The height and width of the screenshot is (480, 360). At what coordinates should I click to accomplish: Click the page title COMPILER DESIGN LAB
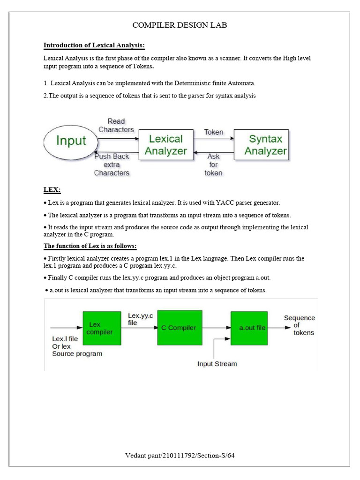click(x=180, y=25)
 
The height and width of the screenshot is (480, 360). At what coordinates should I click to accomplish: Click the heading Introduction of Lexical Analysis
click(x=94, y=45)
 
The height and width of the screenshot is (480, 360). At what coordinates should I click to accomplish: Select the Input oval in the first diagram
click(x=71, y=141)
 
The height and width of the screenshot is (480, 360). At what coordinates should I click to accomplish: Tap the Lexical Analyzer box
click(x=165, y=145)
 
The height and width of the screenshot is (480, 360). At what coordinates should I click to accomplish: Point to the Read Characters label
click(x=116, y=125)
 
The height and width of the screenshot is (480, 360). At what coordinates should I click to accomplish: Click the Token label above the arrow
click(x=214, y=132)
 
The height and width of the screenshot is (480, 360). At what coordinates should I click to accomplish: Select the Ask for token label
click(x=214, y=165)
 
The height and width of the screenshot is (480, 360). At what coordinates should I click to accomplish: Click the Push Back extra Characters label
click(x=112, y=165)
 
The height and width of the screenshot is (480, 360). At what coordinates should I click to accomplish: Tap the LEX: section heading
click(x=52, y=190)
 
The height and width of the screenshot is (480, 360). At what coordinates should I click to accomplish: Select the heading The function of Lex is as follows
click(x=90, y=246)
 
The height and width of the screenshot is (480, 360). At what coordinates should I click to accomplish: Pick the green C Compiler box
click(x=180, y=328)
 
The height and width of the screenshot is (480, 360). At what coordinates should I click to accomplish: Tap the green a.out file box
click(x=249, y=328)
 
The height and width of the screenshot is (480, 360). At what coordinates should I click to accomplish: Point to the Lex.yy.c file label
click(x=140, y=319)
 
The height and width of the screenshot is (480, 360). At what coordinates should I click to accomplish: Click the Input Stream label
click(x=217, y=363)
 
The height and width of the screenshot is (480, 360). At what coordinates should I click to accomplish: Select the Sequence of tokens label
click(x=299, y=325)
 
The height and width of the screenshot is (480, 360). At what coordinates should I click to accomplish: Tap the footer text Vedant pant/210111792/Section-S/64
click(x=180, y=456)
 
